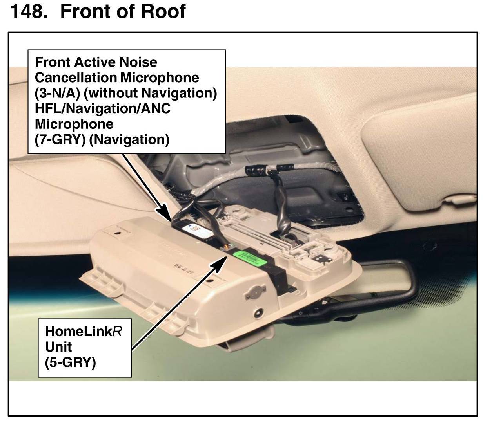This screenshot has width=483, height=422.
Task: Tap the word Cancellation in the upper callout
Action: pyautogui.click(x=75, y=78)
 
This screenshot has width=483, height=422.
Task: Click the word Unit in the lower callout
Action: pyautogui.click(x=58, y=347)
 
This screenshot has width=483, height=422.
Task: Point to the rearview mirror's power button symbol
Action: pyautogui.click(x=300, y=314)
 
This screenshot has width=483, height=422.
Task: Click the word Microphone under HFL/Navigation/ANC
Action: pyautogui.click(x=74, y=124)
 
